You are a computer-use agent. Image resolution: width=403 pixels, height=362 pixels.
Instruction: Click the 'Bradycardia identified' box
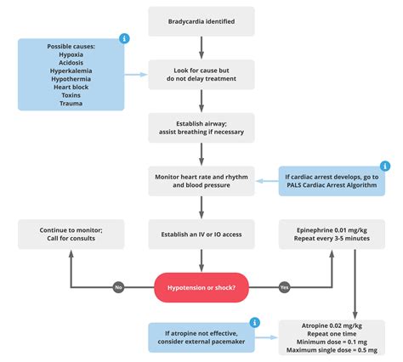point(201,20)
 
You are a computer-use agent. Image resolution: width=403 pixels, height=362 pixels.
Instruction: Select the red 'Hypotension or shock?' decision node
point(201,287)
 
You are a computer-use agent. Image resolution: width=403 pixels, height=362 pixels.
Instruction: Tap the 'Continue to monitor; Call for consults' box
point(71,234)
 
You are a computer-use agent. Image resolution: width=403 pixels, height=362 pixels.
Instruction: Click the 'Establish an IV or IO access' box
point(201,234)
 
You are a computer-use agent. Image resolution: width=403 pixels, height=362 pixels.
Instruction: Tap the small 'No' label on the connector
point(119,287)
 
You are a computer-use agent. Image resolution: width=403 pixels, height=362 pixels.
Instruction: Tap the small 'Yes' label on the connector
point(284,287)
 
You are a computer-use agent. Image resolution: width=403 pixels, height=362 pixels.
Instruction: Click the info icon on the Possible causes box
point(124,38)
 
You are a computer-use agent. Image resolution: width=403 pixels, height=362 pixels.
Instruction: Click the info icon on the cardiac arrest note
point(384,167)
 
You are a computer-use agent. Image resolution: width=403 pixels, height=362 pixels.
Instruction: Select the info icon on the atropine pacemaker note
point(253,323)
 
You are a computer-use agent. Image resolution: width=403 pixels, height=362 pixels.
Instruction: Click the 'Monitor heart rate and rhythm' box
point(201,180)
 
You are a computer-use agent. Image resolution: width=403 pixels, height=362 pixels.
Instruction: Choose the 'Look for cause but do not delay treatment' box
point(201,74)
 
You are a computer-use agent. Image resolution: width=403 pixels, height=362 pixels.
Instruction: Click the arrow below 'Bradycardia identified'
point(201,47)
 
